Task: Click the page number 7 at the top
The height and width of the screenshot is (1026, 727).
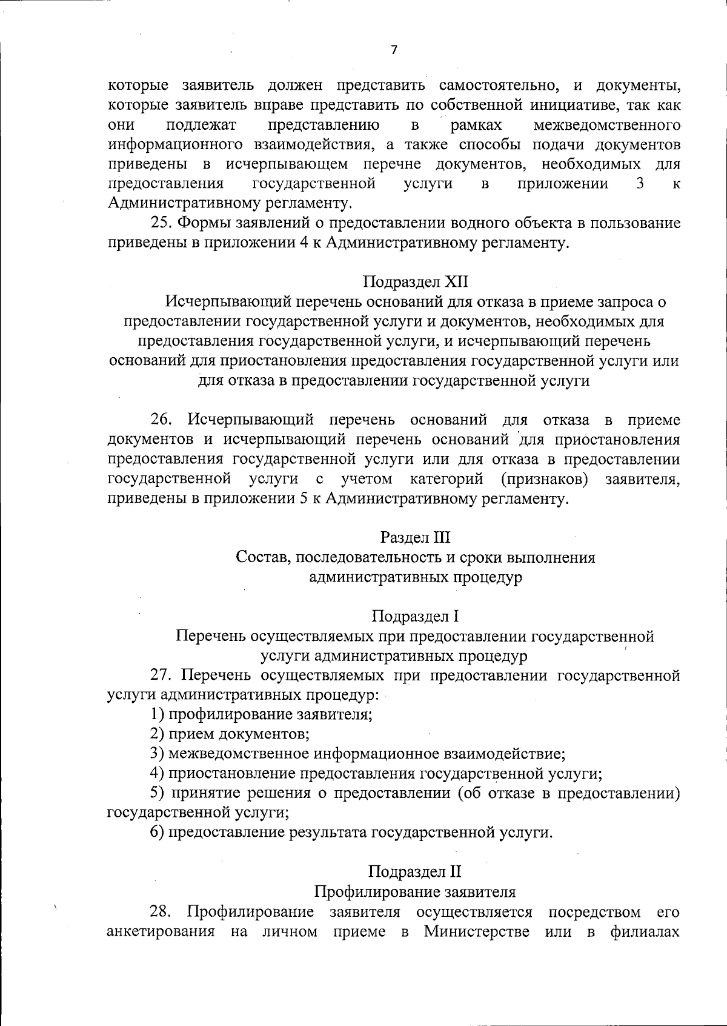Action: (394, 50)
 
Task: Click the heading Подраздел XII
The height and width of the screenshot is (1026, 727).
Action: (416, 282)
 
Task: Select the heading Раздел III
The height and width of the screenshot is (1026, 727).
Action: (416, 537)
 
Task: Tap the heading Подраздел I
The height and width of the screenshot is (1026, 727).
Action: (416, 617)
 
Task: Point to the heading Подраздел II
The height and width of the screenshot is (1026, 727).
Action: (416, 872)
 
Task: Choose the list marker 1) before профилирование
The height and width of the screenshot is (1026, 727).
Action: (157, 714)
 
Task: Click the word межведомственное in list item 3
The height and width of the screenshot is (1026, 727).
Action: (239, 754)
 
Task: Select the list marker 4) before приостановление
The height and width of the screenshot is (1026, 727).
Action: (157, 774)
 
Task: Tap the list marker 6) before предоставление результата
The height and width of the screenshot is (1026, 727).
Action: (157, 833)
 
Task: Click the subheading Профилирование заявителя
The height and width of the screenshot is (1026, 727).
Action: (416, 892)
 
